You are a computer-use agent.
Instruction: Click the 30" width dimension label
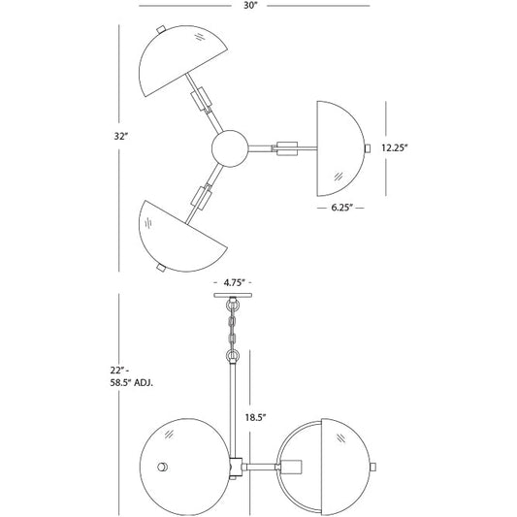[250, 6]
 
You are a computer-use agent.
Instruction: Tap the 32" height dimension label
[120, 136]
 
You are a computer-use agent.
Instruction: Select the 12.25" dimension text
[395, 147]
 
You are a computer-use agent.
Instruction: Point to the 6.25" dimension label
[342, 208]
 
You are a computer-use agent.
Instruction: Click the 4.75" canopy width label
[234, 282]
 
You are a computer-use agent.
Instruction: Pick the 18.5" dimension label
[255, 417]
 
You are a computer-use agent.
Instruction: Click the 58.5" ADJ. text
[132, 383]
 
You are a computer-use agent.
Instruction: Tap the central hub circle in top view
[230, 148]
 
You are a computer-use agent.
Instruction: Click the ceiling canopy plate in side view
[233, 295]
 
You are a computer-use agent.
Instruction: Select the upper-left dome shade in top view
[178, 59]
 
